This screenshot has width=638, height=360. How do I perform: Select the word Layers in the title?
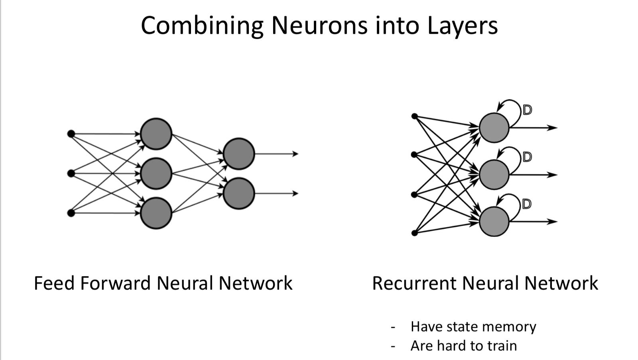(x=462, y=26)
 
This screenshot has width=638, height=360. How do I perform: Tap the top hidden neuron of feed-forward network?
(x=156, y=134)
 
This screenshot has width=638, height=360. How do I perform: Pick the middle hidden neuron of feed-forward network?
(x=156, y=173)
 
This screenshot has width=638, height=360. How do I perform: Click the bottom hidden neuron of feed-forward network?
(x=156, y=213)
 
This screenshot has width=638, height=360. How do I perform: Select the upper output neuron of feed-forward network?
(x=238, y=154)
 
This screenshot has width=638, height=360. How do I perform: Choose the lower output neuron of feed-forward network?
(x=238, y=193)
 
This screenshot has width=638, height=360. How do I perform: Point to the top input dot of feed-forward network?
(x=71, y=134)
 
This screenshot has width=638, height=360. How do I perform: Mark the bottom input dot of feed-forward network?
(x=71, y=213)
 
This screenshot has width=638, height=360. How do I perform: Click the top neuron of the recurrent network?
(x=494, y=128)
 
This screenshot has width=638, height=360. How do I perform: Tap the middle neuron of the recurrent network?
(x=494, y=175)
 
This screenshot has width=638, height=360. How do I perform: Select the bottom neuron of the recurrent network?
(x=494, y=221)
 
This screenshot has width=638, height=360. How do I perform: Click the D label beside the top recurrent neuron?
(x=527, y=110)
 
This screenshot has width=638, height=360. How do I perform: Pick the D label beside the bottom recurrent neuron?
(x=527, y=204)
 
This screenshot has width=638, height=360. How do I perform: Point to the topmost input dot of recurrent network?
(x=415, y=116)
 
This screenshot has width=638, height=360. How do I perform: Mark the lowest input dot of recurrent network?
(x=415, y=233)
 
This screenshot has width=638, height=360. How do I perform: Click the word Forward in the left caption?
(x=116, y=283)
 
